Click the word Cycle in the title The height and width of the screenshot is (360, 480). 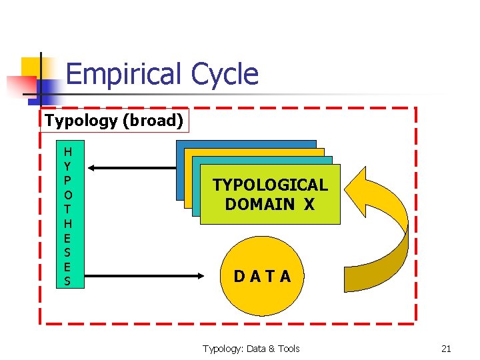[223, 74]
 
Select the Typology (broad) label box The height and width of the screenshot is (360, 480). [114, 121]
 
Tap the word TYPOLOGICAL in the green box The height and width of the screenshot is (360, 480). [270, 185]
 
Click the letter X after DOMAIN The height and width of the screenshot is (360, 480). [308, 204]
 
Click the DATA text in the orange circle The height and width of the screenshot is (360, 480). [262, 276]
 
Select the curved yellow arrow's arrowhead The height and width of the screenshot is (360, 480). [364, 189]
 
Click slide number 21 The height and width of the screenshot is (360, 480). [446, 349]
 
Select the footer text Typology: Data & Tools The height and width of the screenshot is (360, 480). [251, 349]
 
